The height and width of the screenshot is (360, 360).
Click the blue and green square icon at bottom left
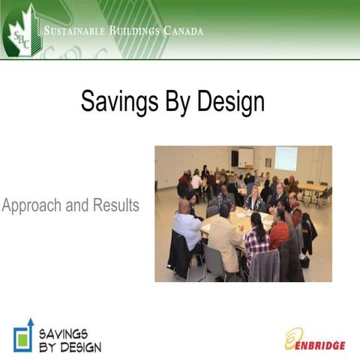tap(23, 335)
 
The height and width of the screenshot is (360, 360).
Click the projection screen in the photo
tap(286, 157)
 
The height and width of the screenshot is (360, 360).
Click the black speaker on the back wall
tap(235, 157)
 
